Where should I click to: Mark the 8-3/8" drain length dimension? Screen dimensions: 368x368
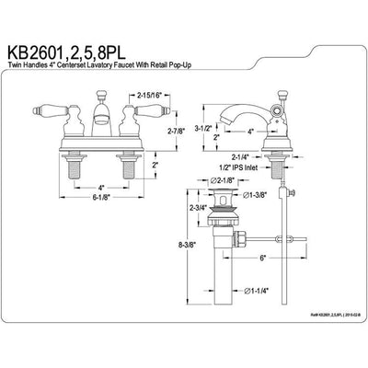(x=188, y=272)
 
